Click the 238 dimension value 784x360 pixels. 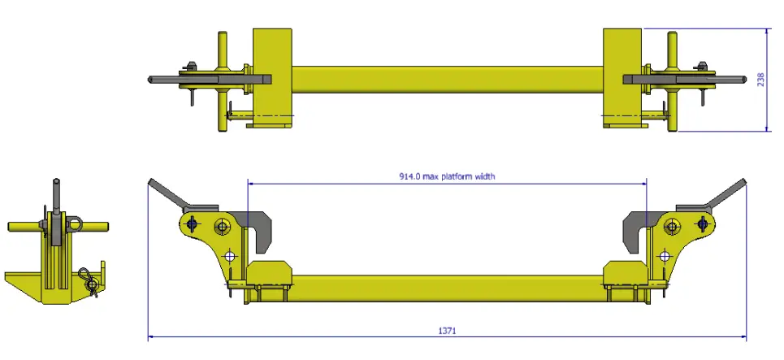point(761,80)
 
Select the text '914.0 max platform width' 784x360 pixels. point(448,176)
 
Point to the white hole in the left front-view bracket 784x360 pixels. point(231,255)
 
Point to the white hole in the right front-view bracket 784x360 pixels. point(665,255)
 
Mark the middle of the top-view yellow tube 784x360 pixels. point(447,79)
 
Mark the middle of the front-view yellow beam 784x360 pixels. point(447,284)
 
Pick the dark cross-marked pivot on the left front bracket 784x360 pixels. point(192,224)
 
